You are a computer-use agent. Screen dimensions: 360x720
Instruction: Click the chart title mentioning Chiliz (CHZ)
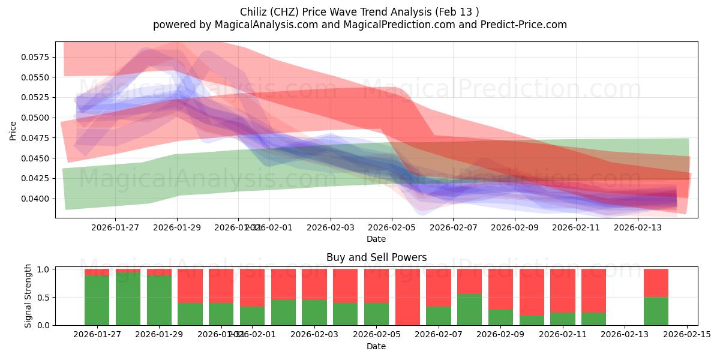click(359, 11)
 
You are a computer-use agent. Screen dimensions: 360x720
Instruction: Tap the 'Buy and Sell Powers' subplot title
click(376, 257)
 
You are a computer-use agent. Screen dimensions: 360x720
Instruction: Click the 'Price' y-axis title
click(13, 130)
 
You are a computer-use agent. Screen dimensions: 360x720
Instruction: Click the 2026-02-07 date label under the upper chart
click(453, 227)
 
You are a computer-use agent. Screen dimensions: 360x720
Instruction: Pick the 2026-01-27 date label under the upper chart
click(115, 227)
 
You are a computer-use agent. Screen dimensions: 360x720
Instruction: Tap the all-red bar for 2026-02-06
click(407, 297)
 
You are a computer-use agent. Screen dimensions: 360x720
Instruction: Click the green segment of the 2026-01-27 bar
click(97, 300)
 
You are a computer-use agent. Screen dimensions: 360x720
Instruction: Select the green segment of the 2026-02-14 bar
click(656, 311)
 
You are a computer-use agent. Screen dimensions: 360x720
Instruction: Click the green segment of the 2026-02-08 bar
click(469, 309)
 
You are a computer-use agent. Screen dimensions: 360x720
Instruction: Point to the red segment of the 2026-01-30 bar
click(190, 286)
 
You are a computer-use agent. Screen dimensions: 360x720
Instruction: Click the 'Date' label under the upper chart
click(376, 239)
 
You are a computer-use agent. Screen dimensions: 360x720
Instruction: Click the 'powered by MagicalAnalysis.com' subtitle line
click(359, 25)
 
